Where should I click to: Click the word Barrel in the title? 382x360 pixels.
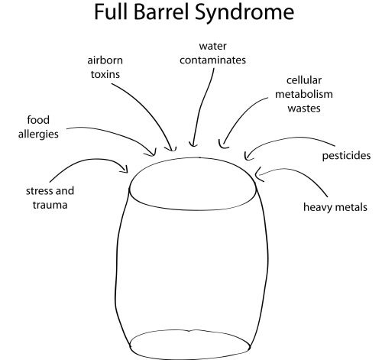pyautogui.click(x=162, y=12)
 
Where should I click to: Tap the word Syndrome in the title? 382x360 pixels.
pyautogui.click(x=244, y=13)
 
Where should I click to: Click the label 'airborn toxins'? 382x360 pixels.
pyautogui.click(x=105, y=67)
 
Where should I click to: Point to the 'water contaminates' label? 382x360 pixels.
pyautogui.click(x=213, y=54)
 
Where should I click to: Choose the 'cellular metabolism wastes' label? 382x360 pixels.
pyautogui.click(x=304, y=94)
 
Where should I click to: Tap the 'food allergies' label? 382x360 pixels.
pyautogui.click(x=38, y=127)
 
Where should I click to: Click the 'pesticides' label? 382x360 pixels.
pyautogui.click(x=346, y=156)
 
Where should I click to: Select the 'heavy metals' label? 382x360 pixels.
pyautogui.click(x=335, y=207)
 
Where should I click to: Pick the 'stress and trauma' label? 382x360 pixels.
pyautogui.click(x=50, y=198)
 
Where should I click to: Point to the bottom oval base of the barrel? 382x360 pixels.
pyautogui.click(x=190, y=330)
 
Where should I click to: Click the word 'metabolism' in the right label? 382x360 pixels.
pyautogui.click(x=304, y=94)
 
